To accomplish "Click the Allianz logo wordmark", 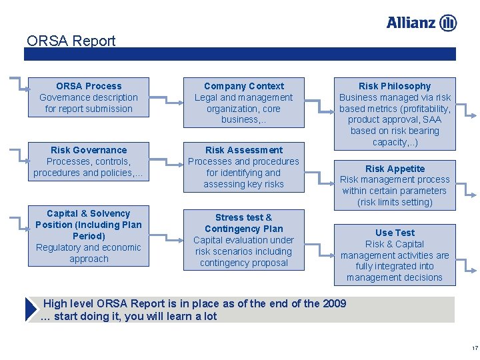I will (411, 23).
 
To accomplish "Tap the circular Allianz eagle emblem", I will (448, 23).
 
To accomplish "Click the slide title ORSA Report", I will (71, 41).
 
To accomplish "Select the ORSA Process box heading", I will (89, 86).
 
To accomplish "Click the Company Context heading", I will (243, 86).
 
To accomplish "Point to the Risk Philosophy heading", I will (395, 86).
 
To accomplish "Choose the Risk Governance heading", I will (89, 150).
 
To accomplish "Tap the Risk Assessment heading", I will (243, 150).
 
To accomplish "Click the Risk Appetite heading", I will (395, 169).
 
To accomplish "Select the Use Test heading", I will (395, 233).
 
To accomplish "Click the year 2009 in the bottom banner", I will (334, 304).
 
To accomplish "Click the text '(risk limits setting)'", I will (395, 202).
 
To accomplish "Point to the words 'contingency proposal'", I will (243, 263).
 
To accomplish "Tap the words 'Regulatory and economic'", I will (89, 247).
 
